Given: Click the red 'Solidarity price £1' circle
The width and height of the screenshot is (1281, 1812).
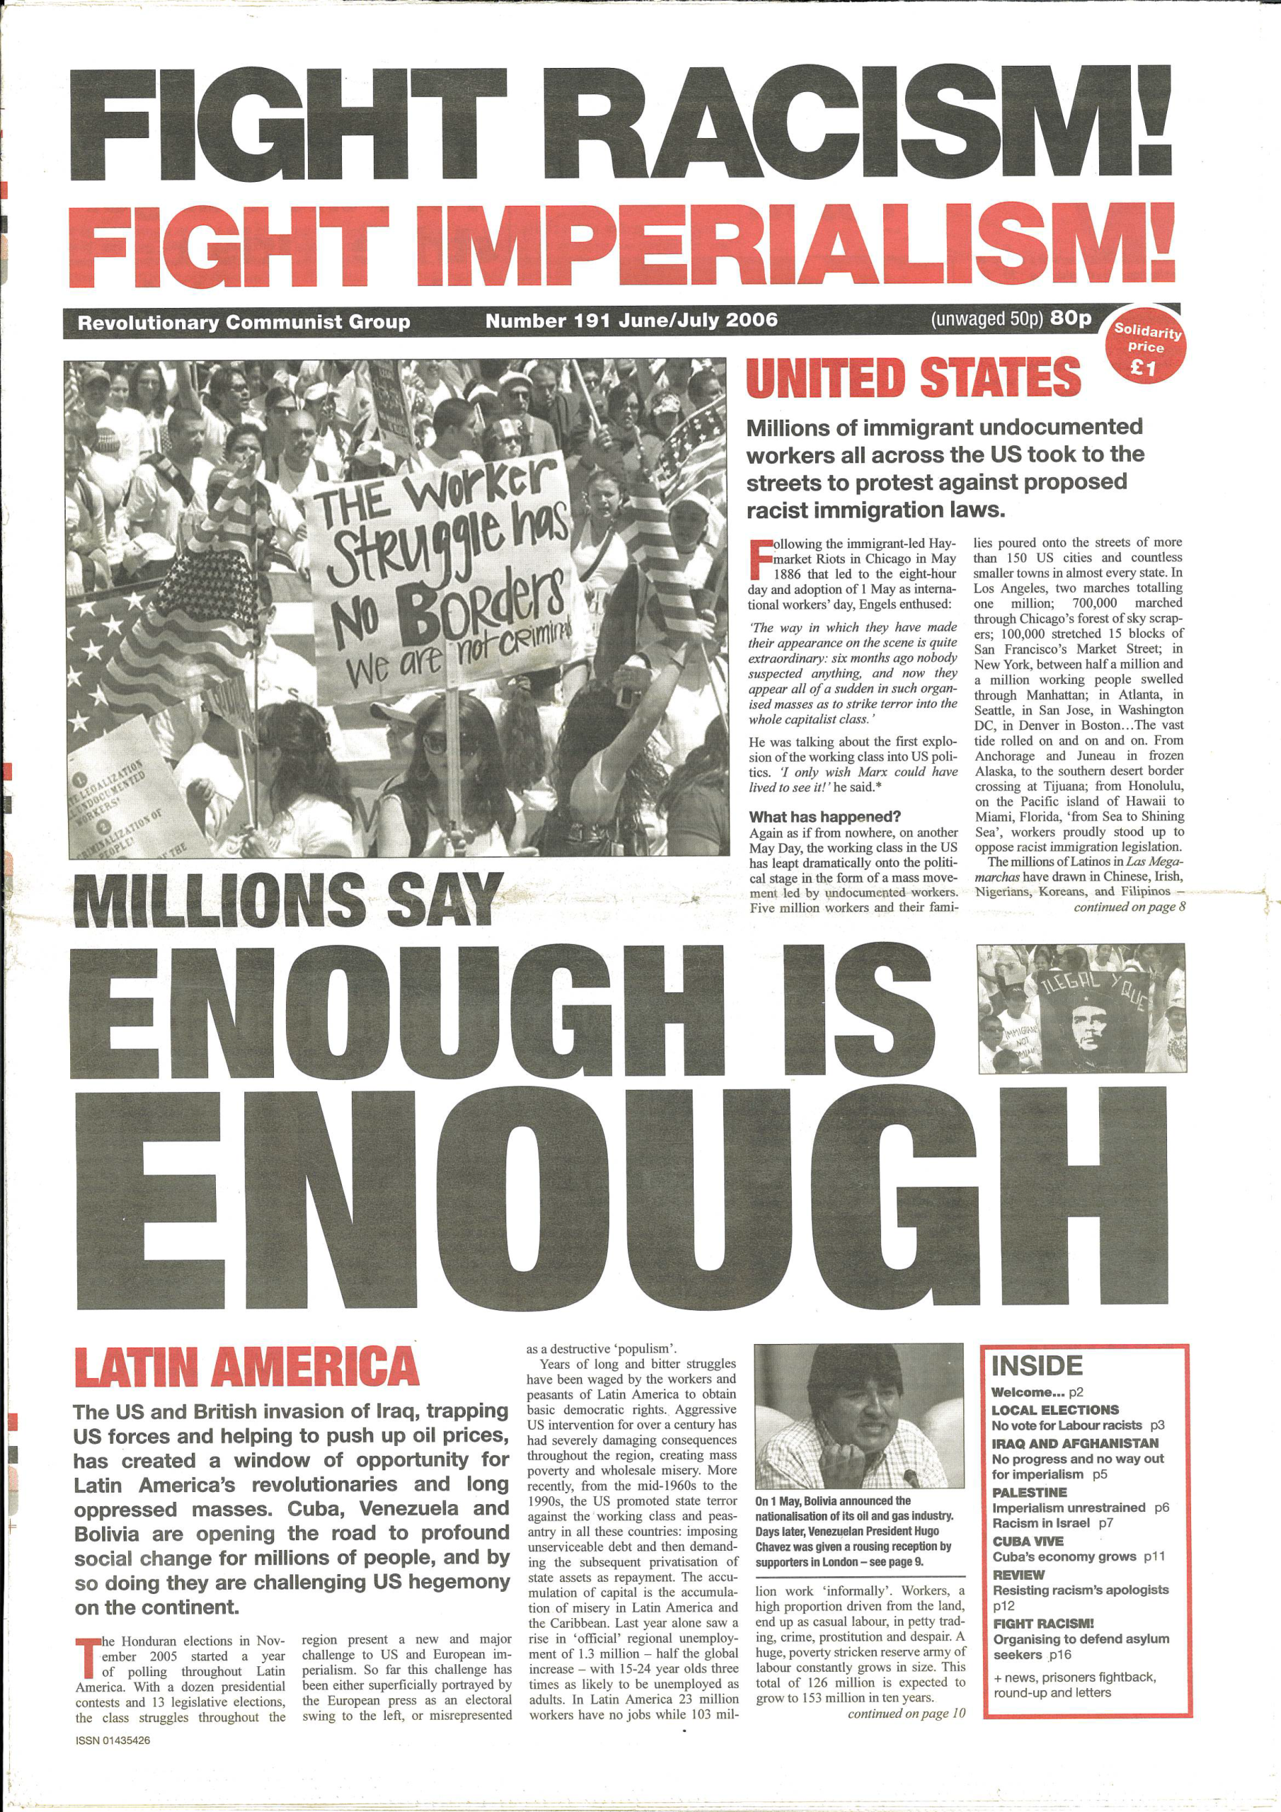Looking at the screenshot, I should [1146, 348].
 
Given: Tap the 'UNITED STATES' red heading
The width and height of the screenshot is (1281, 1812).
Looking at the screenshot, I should [912, 378].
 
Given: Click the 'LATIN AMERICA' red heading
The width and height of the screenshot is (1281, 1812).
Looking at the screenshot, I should [246, 1367].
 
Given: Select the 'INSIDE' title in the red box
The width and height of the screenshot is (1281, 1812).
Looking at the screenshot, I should [1036, 1366].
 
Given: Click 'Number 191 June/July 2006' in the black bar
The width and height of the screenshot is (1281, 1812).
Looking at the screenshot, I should [631, 321].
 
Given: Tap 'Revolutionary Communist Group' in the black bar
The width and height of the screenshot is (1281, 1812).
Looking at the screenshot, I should [244, 322].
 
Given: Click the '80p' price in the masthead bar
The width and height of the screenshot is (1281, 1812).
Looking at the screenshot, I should [1071, 318].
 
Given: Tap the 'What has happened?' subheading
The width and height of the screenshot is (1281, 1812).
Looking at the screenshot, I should [825, 817].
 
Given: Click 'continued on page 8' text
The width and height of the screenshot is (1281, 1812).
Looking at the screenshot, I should [1129, 907].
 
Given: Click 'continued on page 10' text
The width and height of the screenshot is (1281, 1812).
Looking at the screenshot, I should [906, 1714].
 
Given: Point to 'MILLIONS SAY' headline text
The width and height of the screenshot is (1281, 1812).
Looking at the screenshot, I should [287, 901].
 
